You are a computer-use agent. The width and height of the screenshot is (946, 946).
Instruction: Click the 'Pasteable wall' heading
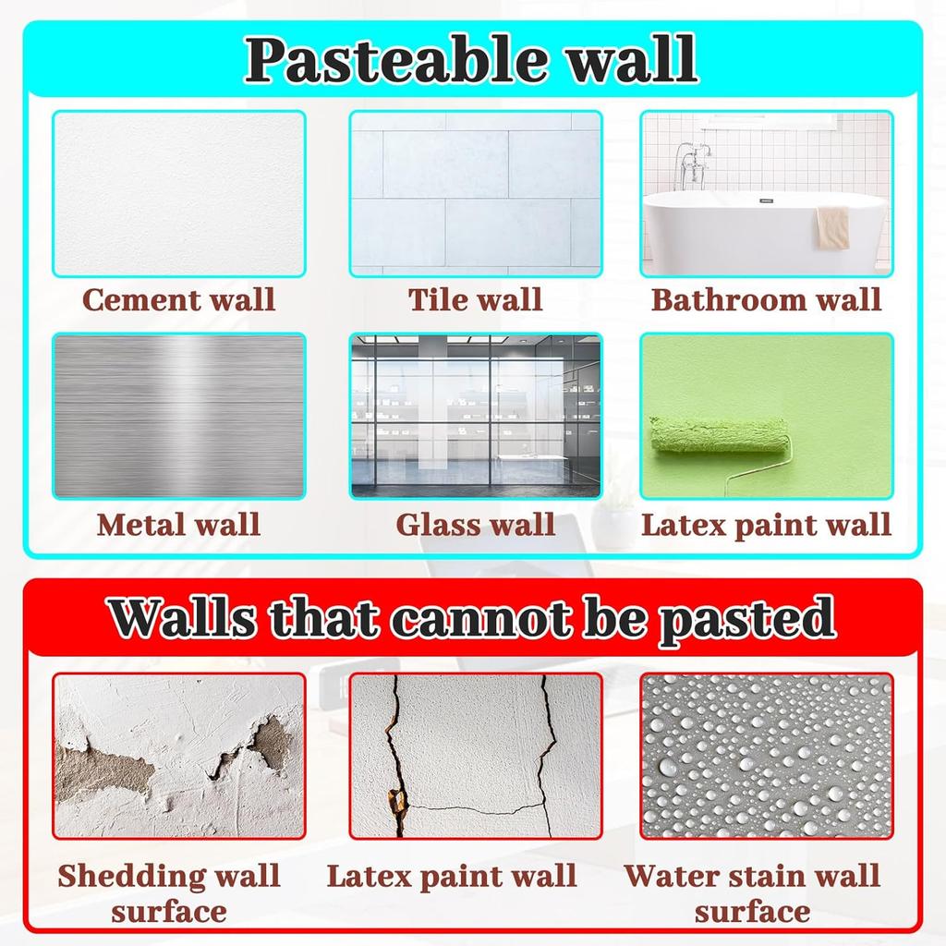pos(472,60)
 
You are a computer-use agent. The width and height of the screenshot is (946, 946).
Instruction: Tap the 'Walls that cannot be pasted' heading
pos(472,617)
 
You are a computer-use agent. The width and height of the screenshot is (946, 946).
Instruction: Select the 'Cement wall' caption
pos(178,299)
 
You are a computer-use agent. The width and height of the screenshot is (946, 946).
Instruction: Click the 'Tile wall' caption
pos(475,299)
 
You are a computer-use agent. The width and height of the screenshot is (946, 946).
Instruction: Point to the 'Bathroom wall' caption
pos(766,299)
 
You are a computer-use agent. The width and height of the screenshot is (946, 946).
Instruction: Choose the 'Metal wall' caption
pos(178,525)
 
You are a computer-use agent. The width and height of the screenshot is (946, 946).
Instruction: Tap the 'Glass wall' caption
pos(475,525)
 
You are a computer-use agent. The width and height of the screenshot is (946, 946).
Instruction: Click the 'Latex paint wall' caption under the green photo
pos(766,525)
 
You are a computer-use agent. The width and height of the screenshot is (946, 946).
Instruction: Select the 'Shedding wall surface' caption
pos(168,892)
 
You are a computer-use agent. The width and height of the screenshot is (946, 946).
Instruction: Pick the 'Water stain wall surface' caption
pos(752,892)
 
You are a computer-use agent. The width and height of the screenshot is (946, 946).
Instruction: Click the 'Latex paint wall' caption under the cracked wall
pos(452,876)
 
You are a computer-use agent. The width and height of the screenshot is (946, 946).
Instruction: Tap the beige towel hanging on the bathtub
pos(832,226)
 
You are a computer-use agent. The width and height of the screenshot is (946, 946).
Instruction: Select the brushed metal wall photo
pos(178,416)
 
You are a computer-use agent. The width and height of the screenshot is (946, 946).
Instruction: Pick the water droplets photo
pos(766,756)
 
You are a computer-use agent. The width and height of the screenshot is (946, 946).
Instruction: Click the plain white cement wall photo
pos(178,193)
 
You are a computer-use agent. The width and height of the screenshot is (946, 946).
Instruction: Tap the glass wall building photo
pos(475,416)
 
